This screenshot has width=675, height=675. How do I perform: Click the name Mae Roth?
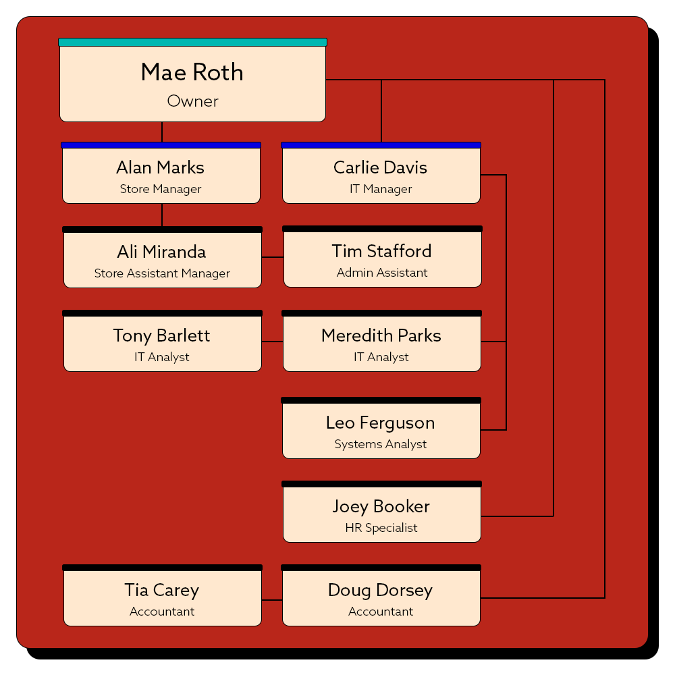[x=192, y=72]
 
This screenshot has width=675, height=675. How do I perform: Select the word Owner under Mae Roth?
[x=192, y=101]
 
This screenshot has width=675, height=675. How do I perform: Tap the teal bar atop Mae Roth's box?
[x=192, y=42]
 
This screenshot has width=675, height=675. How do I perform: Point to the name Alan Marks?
[x=161, y=167]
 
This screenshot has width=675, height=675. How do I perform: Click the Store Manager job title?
[x=161, y=189]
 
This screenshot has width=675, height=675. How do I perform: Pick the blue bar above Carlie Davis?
[x=381, y=145]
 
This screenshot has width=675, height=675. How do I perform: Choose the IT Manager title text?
[x=381, y=189]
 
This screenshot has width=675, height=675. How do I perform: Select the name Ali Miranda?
[x=161, y=252]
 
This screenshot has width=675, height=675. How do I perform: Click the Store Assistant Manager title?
[x=162, y=273]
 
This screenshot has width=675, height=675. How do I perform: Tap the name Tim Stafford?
[x=381, y=251]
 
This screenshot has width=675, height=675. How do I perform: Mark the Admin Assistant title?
[x=382, y=273]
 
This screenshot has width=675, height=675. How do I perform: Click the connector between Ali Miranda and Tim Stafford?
[x=273, y=257]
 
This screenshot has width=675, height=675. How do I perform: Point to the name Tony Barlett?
[x=162, y=335]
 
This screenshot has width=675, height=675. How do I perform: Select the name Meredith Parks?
[x=381, y=335]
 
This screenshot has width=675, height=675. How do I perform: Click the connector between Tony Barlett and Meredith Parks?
[x=272, y=342]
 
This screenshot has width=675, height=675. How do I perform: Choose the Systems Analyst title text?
[x=381, y=444]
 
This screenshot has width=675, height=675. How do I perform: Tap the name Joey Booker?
[x=381, y=506]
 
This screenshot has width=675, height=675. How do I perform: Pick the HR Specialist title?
[x=381, y=528]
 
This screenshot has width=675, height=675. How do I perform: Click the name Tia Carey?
[x=162, y=590]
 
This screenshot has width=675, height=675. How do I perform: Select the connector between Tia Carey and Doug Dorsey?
[x=272, y=599]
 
